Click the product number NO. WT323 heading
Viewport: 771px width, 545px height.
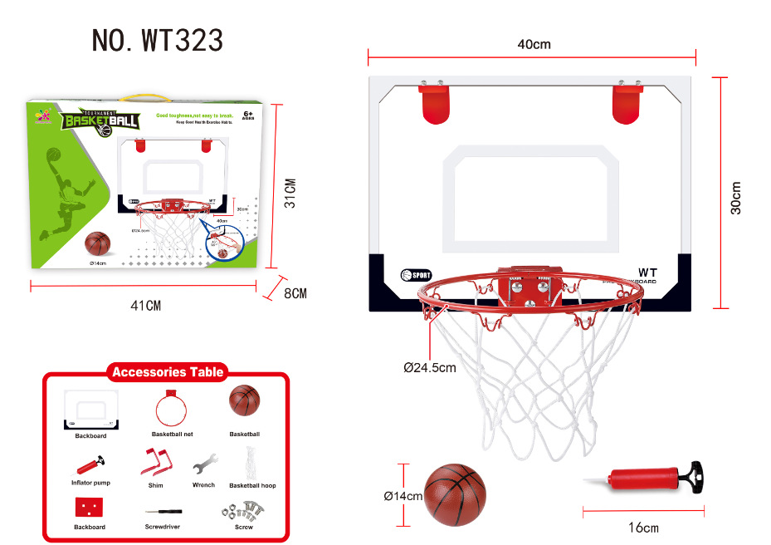click(158, 40)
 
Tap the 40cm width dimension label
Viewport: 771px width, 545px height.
click(534, 44)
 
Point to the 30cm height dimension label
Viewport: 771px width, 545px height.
click(736, 198)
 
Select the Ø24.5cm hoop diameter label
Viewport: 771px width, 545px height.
click(430, 367)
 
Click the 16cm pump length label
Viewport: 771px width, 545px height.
click(644, 528)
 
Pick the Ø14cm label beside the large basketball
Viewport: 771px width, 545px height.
click(403, 496)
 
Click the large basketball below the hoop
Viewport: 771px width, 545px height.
click(455, 493)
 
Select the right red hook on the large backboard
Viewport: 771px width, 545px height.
click(627, 103)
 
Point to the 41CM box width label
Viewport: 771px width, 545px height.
click(146, 306)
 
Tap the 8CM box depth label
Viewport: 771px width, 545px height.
click(295, 293)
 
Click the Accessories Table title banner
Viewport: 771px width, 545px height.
click(168, 372)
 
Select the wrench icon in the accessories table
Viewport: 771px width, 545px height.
click(203, 464)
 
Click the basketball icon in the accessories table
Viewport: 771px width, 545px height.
click(244, 401)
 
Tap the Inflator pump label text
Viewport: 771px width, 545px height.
click(90, 483)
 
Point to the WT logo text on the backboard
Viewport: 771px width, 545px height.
click(647, 272)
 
